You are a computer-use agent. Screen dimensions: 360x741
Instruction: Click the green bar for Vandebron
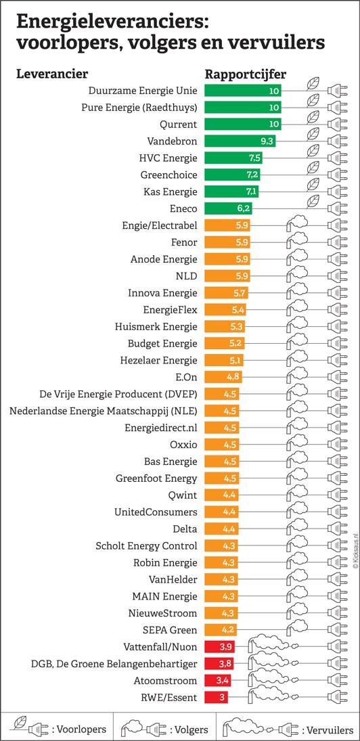240,141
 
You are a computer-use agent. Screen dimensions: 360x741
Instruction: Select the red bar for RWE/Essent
216,697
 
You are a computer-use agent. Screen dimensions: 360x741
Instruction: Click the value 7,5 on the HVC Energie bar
254,158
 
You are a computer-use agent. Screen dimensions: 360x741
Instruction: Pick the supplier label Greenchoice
168,175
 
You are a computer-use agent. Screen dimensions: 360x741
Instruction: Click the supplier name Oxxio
183,444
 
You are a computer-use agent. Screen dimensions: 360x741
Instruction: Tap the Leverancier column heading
53,74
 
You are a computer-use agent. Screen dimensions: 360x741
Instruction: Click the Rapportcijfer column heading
246,75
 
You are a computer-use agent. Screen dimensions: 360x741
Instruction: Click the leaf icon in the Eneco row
312,202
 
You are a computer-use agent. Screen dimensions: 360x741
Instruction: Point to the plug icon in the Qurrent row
337,124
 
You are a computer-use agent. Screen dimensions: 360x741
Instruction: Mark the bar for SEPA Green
220,629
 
